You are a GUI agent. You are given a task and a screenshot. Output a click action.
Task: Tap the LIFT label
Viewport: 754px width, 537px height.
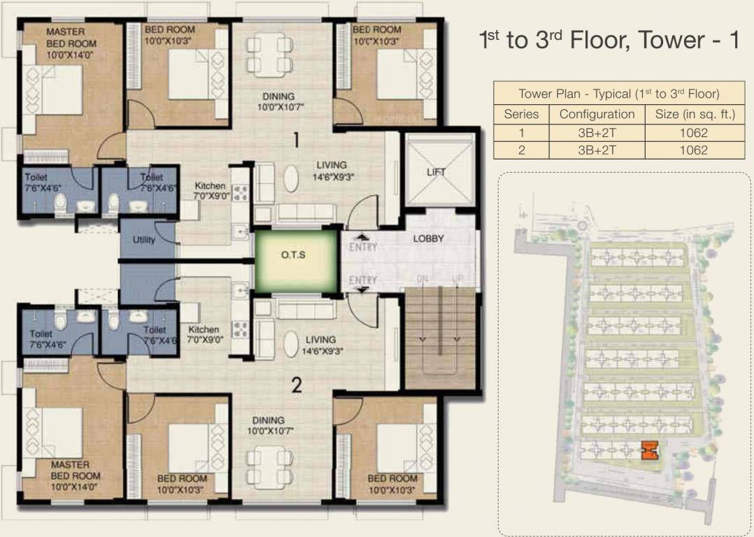tap(436, 172)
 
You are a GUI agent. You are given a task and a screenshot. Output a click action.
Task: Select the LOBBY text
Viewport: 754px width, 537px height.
tap(428, 238)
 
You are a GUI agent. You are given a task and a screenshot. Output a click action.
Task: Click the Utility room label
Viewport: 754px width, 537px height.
tap(143, 240)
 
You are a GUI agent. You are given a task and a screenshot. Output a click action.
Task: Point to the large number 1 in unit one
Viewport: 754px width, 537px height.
tap(296, 140)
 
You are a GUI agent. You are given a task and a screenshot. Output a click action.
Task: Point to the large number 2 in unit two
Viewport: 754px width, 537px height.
tap(297, 385)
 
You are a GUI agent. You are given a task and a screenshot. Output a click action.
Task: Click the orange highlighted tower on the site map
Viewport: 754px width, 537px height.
tap(648, 450)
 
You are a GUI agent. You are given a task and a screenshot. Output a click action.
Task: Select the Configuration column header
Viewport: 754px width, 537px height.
tap(597, 114)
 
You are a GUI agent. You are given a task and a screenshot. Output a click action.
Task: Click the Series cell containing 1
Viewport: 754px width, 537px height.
tap(521, 132)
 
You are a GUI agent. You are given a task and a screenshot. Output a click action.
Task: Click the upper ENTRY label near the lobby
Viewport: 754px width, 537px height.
tap(362, 247)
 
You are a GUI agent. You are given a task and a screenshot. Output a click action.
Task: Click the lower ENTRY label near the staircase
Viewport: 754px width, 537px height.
tap(362, 280)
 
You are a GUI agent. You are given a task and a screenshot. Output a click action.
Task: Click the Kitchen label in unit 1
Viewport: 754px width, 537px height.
tap(211, 186)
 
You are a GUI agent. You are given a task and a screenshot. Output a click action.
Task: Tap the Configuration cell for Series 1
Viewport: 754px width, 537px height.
tap(597, 132)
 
